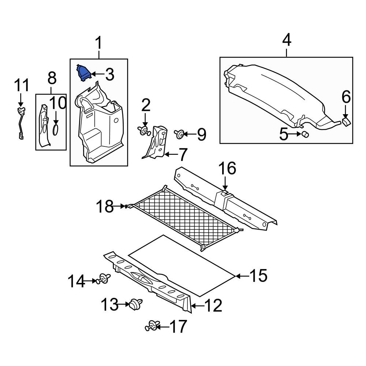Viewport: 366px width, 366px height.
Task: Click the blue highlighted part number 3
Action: point(83,73)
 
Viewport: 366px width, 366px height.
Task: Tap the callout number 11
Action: point(22,85)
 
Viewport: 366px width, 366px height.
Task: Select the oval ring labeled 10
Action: point(56,130)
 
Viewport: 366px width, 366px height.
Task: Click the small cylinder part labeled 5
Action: point(305,134)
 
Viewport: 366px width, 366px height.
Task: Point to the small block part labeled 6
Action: point(346,122)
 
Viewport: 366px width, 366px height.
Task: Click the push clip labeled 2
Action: point(144,131)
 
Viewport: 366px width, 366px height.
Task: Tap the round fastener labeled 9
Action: point(179,134)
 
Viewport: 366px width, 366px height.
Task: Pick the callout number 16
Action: point(227,168)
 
